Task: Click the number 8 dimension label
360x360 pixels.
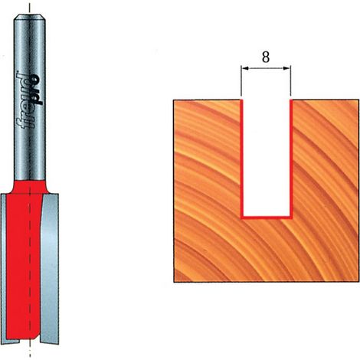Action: click(266, 57)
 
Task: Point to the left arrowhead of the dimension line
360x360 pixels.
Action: click(245, 68)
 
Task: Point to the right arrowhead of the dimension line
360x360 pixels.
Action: click(286, 68)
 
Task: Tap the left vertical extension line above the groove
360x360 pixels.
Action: click(241, 81)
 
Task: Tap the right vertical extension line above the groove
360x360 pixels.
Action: click(290, 81)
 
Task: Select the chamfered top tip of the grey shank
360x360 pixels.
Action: click(30, 17)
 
